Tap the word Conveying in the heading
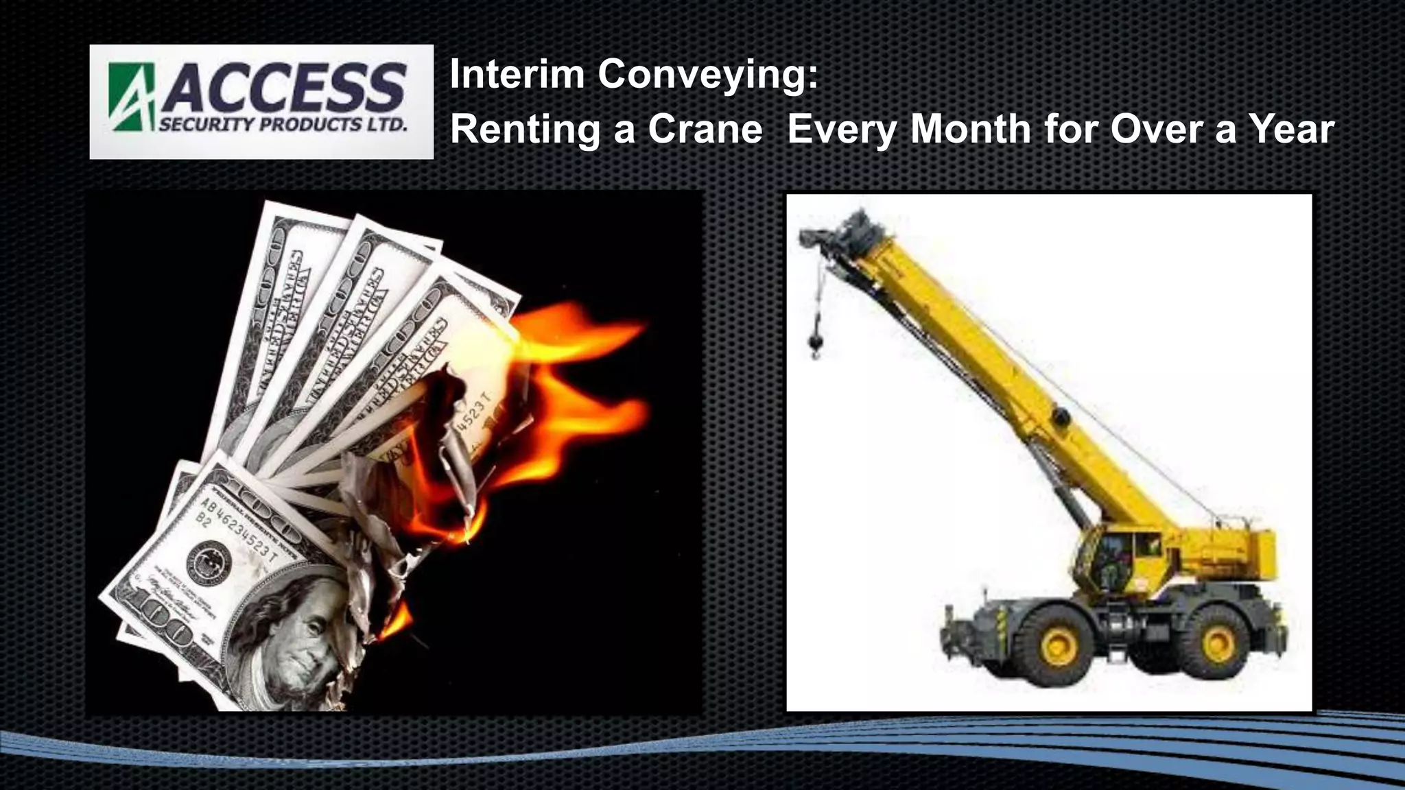click(x=708, y=75)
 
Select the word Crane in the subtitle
click(x=705, y=129)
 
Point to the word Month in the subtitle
click(x=970, y=129)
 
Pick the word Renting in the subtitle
click(x=525, y=130)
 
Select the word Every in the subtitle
click(x=841, y=130)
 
